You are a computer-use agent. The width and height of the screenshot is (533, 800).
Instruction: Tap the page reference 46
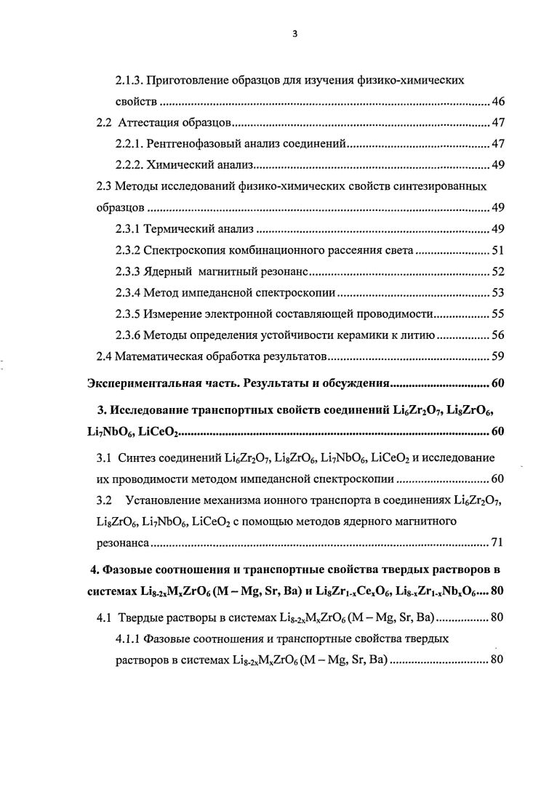point(498,100)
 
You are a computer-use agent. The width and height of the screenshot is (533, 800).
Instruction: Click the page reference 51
point(498,251)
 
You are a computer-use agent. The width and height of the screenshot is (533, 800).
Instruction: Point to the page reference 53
point(498,294)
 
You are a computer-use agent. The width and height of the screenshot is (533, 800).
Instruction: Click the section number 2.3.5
point(129,315)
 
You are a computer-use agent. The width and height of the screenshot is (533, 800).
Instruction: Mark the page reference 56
point(498,336)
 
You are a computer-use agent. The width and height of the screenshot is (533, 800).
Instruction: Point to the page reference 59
point(498,357)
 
